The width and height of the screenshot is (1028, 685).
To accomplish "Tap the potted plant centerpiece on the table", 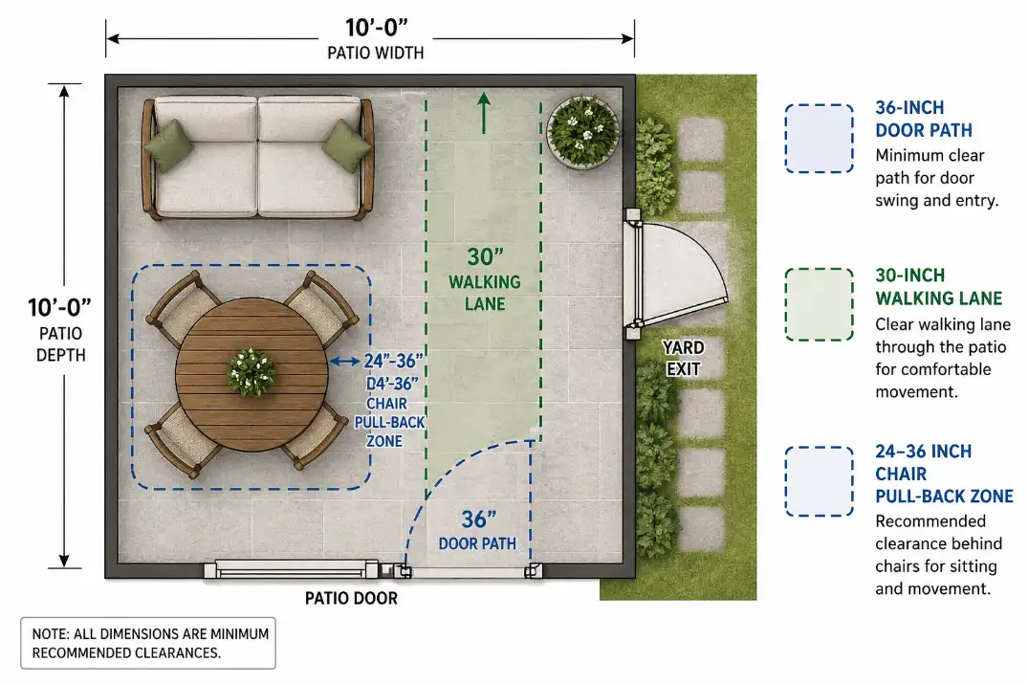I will (252, 371).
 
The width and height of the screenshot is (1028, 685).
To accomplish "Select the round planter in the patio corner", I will (581, 131).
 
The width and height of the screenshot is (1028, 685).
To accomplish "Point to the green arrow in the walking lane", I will (484, 112).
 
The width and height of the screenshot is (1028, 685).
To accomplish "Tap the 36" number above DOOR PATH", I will (478, 519).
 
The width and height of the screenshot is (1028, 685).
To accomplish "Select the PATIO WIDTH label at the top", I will (375, 53).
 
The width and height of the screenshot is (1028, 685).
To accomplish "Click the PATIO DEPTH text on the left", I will (61, 344).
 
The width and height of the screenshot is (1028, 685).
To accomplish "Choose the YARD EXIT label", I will (683, 358).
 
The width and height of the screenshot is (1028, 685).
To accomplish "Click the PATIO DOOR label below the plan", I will (351, 598).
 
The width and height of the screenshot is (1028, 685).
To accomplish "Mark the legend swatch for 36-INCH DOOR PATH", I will (819, 139).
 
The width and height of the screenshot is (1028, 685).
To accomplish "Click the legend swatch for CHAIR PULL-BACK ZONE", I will (819, 481).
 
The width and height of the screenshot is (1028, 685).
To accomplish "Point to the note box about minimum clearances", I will (148, 643).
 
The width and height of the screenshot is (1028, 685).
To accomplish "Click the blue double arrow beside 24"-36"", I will (344, 362).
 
